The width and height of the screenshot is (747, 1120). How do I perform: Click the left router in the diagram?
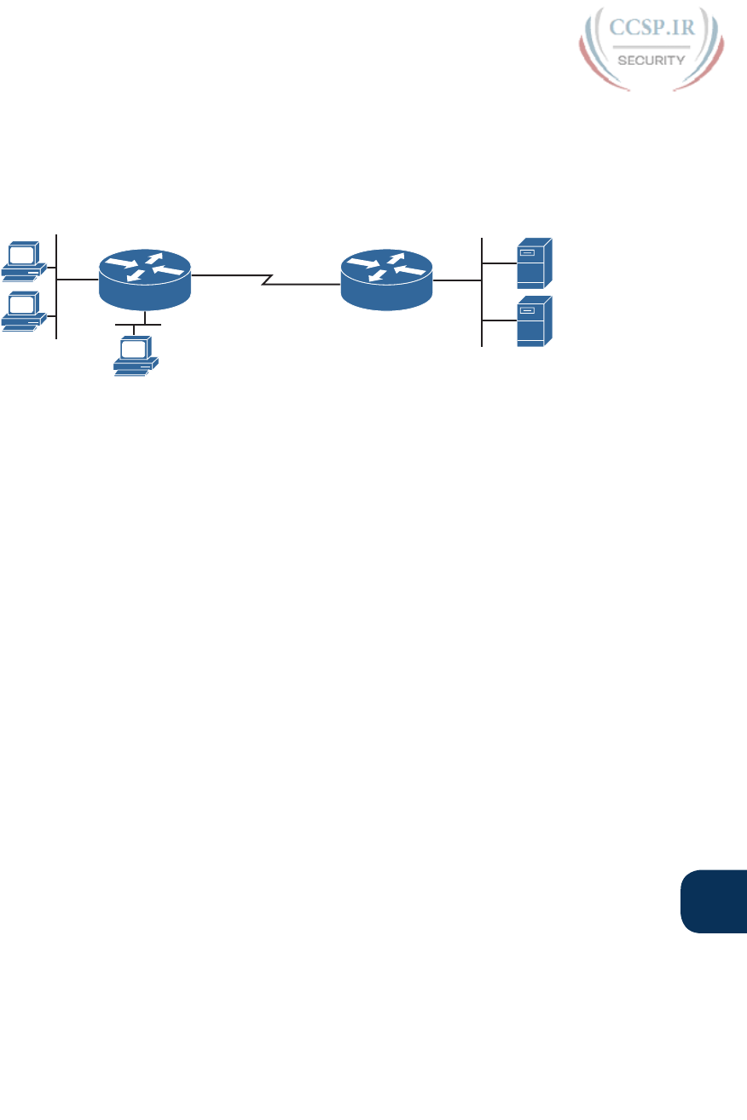pos(146,279)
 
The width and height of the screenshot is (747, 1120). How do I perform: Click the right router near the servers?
pos(387,279)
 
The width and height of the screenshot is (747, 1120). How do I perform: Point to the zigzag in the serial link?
pos(267,279)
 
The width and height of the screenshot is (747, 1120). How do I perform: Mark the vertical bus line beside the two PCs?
pos(56,286)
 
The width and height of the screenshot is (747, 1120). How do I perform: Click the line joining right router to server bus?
pos(457,279)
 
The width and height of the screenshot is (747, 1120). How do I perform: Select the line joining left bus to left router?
pos(78,279)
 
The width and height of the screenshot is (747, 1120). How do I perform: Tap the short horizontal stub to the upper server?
pos(499,262)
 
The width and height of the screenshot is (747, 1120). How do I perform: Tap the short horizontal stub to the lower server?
pos(499,320)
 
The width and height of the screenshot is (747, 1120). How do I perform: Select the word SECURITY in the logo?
pos(650,61)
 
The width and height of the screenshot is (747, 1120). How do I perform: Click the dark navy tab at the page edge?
pos(715,902)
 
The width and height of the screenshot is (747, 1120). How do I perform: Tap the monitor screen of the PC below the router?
pos(134,349)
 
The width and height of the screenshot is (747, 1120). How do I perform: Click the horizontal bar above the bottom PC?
pos(138,326)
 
